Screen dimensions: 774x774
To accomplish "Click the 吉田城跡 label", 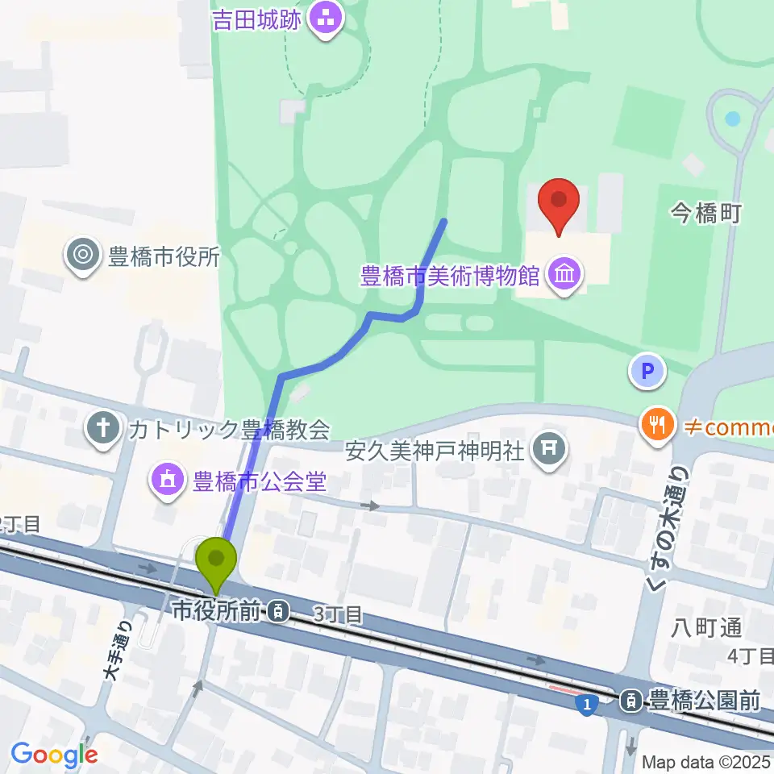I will point(257,19).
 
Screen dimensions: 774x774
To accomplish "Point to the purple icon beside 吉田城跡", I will point(327,19).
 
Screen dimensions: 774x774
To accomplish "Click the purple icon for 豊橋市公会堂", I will point(167,482).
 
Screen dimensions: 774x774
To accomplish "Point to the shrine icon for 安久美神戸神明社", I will point(550,449).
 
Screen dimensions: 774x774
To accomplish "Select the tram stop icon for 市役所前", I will point(277,612).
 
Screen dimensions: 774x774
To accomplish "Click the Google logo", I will point(54,754).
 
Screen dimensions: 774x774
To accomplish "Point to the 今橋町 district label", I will point(705,213).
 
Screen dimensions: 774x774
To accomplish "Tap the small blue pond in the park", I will point(732,119).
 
